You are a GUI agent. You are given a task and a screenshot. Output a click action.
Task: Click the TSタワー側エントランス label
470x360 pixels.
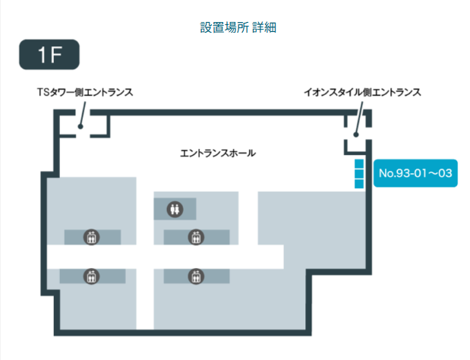(x=86, y=93)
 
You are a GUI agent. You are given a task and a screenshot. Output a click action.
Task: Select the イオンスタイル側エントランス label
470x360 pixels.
(x=363, y=93)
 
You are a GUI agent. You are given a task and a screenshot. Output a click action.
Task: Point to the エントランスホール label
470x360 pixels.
(x=218, y=153)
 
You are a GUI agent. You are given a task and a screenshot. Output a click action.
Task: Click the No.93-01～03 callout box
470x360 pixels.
(x=416, y=174)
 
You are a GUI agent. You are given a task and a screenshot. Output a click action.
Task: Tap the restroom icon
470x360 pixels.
(x=175, y=207)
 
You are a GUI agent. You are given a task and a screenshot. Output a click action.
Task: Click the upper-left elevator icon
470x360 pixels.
(x=92, y=237)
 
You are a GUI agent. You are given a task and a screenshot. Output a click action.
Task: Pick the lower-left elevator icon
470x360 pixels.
(x=92, y=275)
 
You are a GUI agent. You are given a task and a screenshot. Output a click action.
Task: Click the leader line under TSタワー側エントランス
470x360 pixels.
(x=81, y=113)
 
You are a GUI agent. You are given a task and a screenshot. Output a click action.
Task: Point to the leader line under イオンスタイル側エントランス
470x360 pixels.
(x=356, y=118)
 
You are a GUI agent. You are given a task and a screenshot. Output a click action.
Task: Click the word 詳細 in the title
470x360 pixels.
(x=263, y=28)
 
